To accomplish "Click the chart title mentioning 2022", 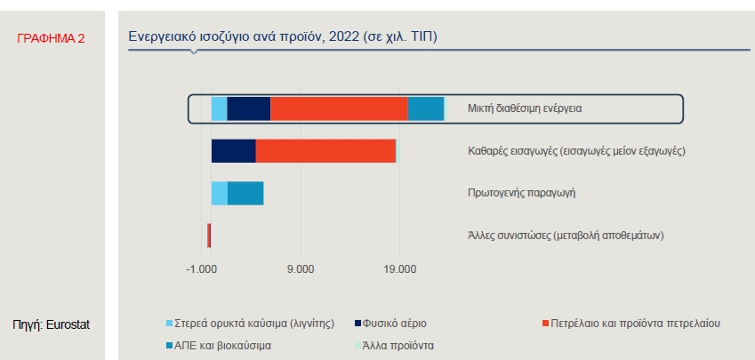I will (283, 36).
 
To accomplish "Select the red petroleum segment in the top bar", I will (339, 108).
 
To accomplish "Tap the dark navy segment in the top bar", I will (249, 108).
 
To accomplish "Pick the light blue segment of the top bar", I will (219, 108).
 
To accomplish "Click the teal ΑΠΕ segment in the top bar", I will (426, 108).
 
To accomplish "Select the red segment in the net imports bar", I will (325, 151).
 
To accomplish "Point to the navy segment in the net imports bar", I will (233, 151).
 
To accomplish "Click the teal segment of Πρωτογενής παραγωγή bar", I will (245, 193).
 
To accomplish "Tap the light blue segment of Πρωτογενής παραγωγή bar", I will (219, 193).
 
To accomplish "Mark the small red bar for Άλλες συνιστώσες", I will (209, 236).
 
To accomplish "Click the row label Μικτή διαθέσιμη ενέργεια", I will (524, 108).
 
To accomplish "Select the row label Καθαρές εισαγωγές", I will (576, 151).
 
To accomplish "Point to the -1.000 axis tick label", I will (202, 269).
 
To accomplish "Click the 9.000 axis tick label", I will (301, 269).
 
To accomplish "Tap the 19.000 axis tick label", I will (398, 269).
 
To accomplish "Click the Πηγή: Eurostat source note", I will (51, 324).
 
